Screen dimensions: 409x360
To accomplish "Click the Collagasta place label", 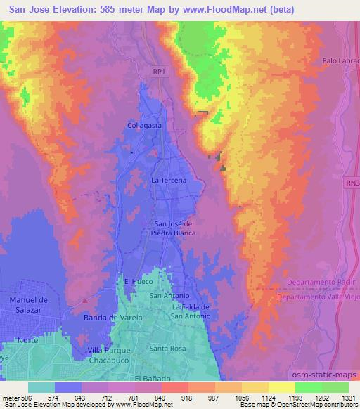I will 145,124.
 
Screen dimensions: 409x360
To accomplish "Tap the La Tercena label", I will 169,181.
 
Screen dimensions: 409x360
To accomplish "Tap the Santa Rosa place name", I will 167,349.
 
